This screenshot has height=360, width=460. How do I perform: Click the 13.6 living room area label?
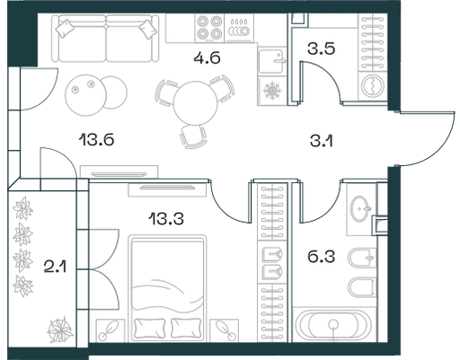[x=96, y=140]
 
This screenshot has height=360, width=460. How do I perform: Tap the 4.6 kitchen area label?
[x=207, y=57]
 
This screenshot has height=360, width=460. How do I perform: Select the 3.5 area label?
[x=321, y=48]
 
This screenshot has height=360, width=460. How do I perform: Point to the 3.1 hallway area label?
[x=322, y=141]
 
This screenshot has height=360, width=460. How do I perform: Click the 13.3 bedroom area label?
[x=166, y=219]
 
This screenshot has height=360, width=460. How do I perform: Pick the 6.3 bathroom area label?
[x=321, y=257]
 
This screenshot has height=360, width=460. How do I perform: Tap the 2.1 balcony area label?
[x=55, y=267]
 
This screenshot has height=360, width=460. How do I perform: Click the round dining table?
[x=195, y=103]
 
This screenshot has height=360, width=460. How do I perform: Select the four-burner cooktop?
[x=209, y=28]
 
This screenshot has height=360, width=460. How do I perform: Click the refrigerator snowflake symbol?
[x=272, y=91]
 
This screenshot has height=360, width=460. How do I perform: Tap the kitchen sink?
[x=271, y=61]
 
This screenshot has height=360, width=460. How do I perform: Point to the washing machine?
[x=372, y=85]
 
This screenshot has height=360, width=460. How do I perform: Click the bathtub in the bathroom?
[x=332, y=324]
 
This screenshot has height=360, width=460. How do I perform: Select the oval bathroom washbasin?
[x=360, y=208]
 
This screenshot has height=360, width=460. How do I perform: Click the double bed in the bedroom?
[x=167, y=288]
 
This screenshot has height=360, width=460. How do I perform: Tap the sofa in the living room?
[x=105, y=39]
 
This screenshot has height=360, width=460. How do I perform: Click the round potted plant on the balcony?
[x=60, y=329]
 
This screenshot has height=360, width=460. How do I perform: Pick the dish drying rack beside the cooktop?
[x=239, y=28]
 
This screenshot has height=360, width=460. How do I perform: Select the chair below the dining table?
[x=193, y=136]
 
